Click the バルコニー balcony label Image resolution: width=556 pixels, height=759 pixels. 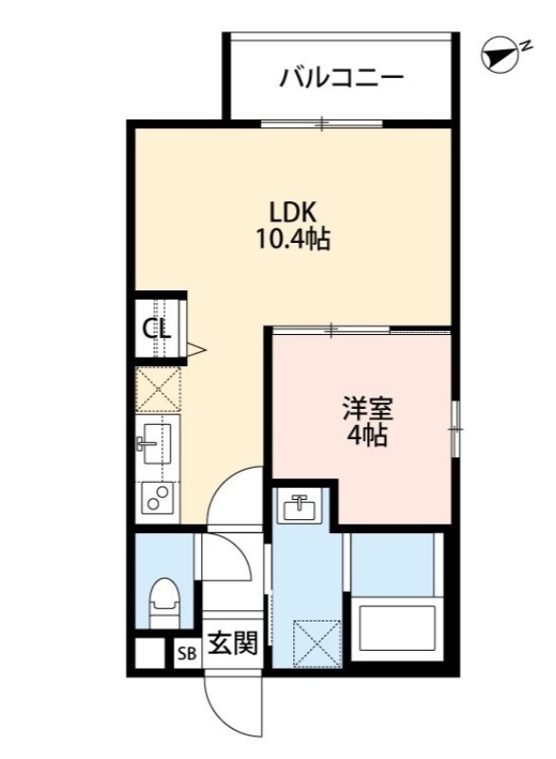[342, 78]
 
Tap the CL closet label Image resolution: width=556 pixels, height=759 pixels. [157, 329]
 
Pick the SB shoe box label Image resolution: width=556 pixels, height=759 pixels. [186, 654]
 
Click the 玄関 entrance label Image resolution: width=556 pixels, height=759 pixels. [232, 644]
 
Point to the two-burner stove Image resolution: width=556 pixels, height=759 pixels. [158, 497]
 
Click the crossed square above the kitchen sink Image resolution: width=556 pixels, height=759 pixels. [157, 388]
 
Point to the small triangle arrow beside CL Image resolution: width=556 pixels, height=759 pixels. [195, 350]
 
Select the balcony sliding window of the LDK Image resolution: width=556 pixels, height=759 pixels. [322, 123]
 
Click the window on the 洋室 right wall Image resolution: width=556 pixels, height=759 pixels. [454, 428]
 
